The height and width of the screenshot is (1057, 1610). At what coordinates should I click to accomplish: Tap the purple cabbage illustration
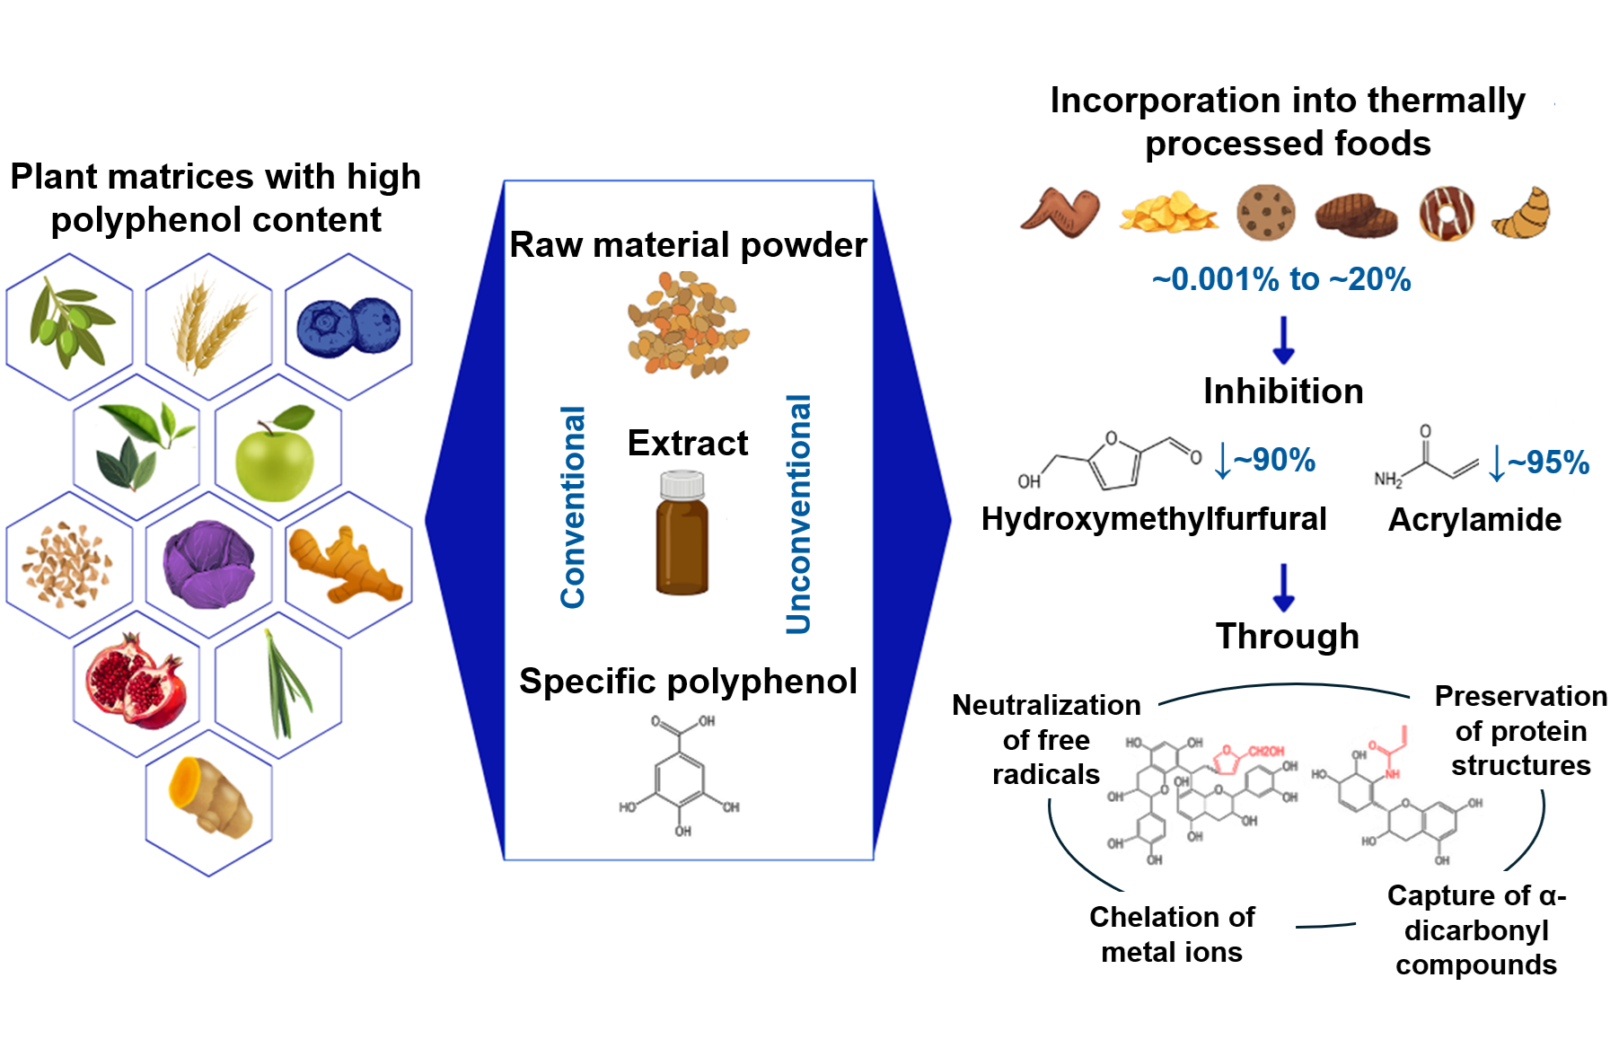[x=208, y=565]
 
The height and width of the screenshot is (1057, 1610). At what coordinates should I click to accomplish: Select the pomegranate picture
[x=136, y=681]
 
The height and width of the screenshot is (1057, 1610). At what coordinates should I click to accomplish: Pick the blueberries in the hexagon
[x=348, y=327]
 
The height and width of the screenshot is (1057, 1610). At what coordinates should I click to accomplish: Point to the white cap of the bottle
[x=682, y=486]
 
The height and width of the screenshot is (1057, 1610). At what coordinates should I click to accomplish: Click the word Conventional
[x=573, y=507]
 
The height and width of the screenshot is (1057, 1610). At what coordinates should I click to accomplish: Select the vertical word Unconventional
[x=798, y=514]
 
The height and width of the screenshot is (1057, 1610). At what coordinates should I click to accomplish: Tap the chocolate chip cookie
[x=1266, y=213]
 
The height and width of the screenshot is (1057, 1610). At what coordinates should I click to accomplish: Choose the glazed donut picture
[x=1447, y=214]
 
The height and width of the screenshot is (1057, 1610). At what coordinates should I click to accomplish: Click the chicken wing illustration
[x=1061, y=213]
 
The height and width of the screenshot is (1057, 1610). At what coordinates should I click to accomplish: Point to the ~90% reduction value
[x=1274, y=460]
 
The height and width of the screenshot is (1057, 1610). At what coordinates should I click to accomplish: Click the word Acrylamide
[x=1474, y=520]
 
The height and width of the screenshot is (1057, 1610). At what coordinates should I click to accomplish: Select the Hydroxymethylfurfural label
[x=1154, y=519]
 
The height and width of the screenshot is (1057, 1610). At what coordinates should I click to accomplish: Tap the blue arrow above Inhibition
[x=1284, y=339]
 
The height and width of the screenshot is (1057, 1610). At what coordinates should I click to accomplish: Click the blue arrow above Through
[x=1284, y=587]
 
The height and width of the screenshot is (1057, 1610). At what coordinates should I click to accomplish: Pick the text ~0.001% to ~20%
[x=1281, y=279]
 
